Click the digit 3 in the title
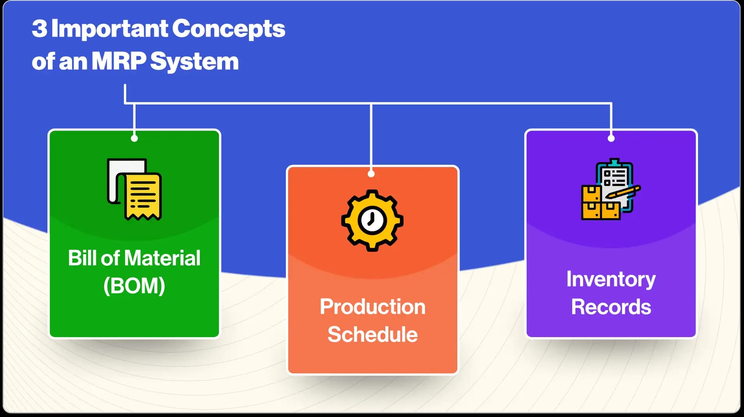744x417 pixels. [x=40, y=28]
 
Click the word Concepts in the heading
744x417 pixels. [x=229, y=29]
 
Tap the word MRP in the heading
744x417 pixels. [x=119, y=61]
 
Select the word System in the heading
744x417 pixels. [x=194, y=62]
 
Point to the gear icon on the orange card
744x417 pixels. [x=372, y=220]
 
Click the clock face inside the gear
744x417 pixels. [x=372, y=220]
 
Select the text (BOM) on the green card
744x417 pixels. [x=134, y=286]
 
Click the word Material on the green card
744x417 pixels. [x=162, y=258]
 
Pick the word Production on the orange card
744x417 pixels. [x=373, y=307]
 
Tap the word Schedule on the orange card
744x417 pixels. [x=373, y=334]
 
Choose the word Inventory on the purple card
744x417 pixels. [x=611, y=280]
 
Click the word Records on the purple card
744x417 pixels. [x=611, y=307]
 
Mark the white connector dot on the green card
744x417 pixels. [x=134, y=138]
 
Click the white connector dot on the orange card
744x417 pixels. [x=371, y=174]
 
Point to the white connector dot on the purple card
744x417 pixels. [x=611, y=138]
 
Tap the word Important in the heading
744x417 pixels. [x=109, y=29]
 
